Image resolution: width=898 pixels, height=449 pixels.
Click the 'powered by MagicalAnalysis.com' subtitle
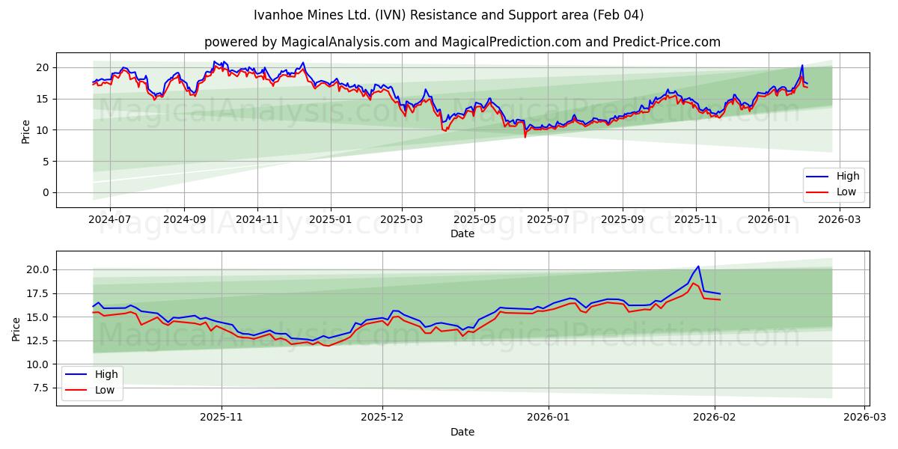pyautogui.click(x=462, y=42)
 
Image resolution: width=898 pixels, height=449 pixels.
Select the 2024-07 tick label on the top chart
pyautogui.click(x=109, y=220)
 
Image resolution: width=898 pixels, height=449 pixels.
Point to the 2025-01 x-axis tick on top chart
pyautogui.click(x=329, y=220)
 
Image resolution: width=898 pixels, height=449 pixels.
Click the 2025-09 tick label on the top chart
pyautogui.click(x=623, y=220)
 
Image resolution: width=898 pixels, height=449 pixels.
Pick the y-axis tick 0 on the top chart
pyautogui.click(x=46, y=192)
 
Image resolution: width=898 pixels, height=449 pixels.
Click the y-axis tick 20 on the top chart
pyautogui.click(x=43, y=67)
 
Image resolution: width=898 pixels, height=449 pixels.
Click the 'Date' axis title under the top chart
pyautogui.click(x=462, y=233)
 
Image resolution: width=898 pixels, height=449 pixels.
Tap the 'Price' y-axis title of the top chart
pyautogui.click(x=26, y=130)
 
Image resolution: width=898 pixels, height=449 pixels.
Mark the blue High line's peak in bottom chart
pyautogui.click(x=698, y=266)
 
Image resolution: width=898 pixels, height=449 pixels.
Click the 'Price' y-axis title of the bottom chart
pyautogui.click(x=16, y=329)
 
